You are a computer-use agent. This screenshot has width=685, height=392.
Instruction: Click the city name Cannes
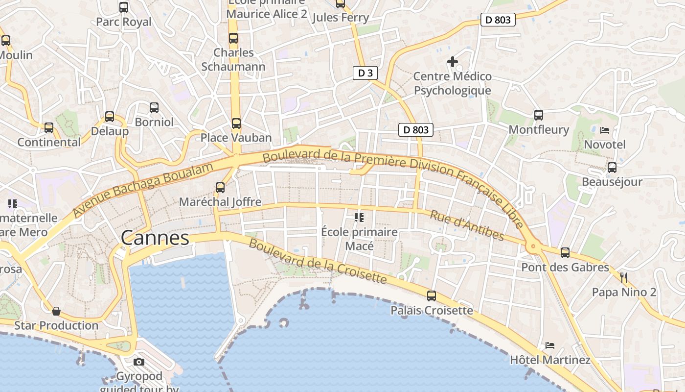(155, 238)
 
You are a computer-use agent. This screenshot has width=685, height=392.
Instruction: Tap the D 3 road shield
(365, 73)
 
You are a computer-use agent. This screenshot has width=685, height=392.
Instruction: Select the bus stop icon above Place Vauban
(236, 123)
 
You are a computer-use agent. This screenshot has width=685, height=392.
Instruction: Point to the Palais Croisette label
(432, 311)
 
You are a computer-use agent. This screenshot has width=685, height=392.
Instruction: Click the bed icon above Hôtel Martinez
(550, 345)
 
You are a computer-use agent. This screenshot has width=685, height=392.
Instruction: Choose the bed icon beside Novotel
(605, 130)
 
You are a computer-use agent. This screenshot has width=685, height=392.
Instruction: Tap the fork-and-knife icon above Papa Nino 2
(624, 278)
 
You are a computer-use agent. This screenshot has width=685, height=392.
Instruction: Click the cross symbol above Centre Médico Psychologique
(453, 62)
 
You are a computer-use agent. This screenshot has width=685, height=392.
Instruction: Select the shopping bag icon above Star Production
(56, 311)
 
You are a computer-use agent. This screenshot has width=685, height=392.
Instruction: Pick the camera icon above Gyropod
(139, 362)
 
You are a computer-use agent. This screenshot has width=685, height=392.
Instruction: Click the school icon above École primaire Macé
(359, 217)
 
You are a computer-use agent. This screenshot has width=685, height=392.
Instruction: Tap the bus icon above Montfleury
(539, 115)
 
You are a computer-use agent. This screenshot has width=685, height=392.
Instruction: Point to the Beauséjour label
(612, 182)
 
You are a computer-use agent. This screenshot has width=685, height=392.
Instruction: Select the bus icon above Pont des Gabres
(565, 253)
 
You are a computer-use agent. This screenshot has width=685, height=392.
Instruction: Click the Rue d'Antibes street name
(467, 225)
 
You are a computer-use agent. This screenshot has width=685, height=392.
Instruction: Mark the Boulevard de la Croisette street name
(318, 262)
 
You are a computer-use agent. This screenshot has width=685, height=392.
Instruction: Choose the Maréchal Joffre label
(220, 202)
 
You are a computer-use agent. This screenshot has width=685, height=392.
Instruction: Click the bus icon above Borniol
(154, 108)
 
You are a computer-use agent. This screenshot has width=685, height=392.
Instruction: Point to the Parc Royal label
(124, 22)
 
